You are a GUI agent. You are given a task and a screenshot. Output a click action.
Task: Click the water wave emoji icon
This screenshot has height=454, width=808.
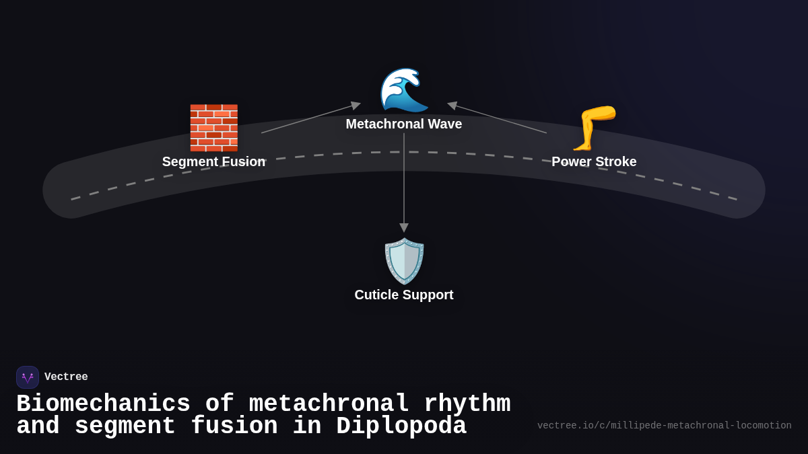coord(404,90)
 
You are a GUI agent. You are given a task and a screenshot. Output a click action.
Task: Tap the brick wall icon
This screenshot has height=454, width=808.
coord(213,128)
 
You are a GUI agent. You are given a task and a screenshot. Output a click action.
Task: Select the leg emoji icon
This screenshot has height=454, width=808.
coord(593,128)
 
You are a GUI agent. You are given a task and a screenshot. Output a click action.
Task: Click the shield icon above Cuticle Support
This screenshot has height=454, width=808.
coord(404,261)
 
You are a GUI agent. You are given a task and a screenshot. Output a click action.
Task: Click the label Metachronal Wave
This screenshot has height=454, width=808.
coord(404,124)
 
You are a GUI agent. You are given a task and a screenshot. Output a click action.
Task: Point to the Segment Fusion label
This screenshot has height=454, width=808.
coord(213,162)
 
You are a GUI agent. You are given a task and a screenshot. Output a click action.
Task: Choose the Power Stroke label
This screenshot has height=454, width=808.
coord(594,162)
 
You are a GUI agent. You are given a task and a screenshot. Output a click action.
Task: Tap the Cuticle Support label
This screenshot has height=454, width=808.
coord(404,295)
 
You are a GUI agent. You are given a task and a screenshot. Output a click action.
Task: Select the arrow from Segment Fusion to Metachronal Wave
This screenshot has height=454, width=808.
coord(310,118)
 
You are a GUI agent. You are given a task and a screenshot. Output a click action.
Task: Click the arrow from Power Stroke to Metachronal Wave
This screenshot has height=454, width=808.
coord(498,118)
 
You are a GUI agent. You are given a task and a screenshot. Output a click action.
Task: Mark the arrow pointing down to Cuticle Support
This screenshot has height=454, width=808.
coord(404,182)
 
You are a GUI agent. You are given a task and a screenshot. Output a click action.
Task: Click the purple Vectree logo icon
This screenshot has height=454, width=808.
coord(28,377)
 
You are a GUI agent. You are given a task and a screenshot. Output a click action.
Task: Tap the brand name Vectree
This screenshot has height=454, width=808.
coord(66,377)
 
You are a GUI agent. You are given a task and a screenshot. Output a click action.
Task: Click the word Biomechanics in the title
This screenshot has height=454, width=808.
coord(103,404)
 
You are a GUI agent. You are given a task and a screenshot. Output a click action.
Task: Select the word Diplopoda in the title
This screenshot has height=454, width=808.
coord(401,426)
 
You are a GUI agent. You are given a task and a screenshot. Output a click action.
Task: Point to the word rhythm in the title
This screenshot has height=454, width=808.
coord(467,404)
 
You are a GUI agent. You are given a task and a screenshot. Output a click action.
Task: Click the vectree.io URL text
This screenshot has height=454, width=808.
coord(664,426)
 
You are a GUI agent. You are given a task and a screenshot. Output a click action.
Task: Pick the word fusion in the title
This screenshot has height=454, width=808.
coord(234,426)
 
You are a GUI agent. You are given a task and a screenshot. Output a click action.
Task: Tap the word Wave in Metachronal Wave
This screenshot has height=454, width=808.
coord(445,124)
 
